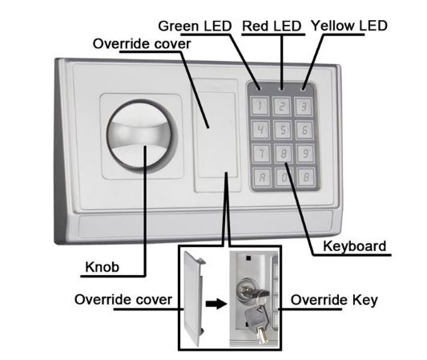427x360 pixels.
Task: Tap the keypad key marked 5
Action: (x=283, y=130)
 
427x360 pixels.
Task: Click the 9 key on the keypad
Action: (x=305, y=153)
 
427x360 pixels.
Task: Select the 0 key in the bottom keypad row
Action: (x=284, y=177)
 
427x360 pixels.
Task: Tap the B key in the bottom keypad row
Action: (x=306, y=177)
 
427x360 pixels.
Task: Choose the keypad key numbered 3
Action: (x=304, y=107)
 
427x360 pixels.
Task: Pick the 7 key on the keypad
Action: (x=261, y=153)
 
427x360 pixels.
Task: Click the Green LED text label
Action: (x=195, y=26)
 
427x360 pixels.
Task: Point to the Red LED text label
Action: (x=272, y=26)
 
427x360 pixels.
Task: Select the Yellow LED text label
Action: (x=349, y=26)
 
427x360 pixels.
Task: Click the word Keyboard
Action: (x=355, y=246)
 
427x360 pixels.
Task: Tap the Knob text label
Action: (x=102, y=267)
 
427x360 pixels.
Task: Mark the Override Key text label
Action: (x=334, y=300)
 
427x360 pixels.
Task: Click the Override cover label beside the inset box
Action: (x=123, y=300)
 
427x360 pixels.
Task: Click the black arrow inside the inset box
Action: (x=216, y=303)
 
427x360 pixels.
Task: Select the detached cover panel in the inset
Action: (x=194, y=298)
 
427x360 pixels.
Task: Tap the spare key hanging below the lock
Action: (x=258, y=323)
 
